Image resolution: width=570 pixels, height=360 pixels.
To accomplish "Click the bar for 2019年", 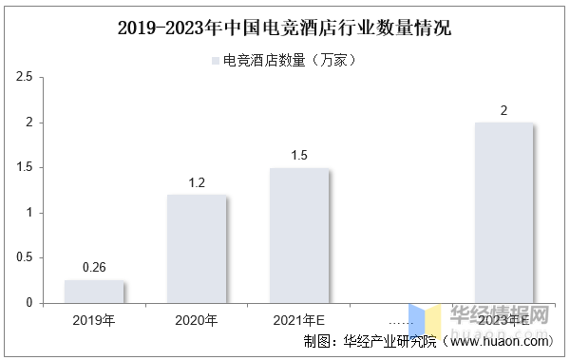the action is [x=94, y=292].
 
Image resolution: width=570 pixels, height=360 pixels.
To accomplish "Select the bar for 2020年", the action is [x=197, y=249].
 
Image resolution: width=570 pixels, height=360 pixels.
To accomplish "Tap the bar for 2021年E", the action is [x=299, y=236].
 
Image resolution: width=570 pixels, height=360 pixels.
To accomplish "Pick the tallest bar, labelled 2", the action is [x=503, y=213].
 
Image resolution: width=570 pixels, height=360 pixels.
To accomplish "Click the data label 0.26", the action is [x=94, y=267].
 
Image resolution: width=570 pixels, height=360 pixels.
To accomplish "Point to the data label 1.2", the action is [x=197, y=182].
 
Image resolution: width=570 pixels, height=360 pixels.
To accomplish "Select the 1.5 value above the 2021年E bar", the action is [x=299, y=155].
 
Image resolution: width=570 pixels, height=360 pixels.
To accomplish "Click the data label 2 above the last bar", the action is [x=503, y=110].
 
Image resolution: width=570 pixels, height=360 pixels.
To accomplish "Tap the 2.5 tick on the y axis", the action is [x=25, y=77].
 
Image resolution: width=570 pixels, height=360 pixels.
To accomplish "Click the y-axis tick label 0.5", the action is [x=25, y=257].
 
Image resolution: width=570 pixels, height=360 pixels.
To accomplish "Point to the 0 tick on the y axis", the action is [x=29, y=303].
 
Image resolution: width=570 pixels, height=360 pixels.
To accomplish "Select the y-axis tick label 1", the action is [x=29, y=213].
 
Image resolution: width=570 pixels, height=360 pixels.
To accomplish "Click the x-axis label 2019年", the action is [x=94, y=320].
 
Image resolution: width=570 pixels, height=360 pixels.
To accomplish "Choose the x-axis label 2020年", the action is [x=197, y=320].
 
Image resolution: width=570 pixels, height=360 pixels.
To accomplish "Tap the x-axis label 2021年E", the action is [x=299, y=320].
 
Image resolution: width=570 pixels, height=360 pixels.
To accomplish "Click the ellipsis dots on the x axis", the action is [x=401, y=323].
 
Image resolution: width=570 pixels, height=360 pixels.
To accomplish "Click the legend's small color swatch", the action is [x=216, y=61].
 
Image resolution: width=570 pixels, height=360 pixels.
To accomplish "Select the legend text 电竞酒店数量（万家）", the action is [x=290, y=61].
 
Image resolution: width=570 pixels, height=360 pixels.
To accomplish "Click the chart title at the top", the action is [x=285, y=28].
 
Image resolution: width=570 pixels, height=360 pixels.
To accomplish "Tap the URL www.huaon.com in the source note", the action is [x=499, y=341].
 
